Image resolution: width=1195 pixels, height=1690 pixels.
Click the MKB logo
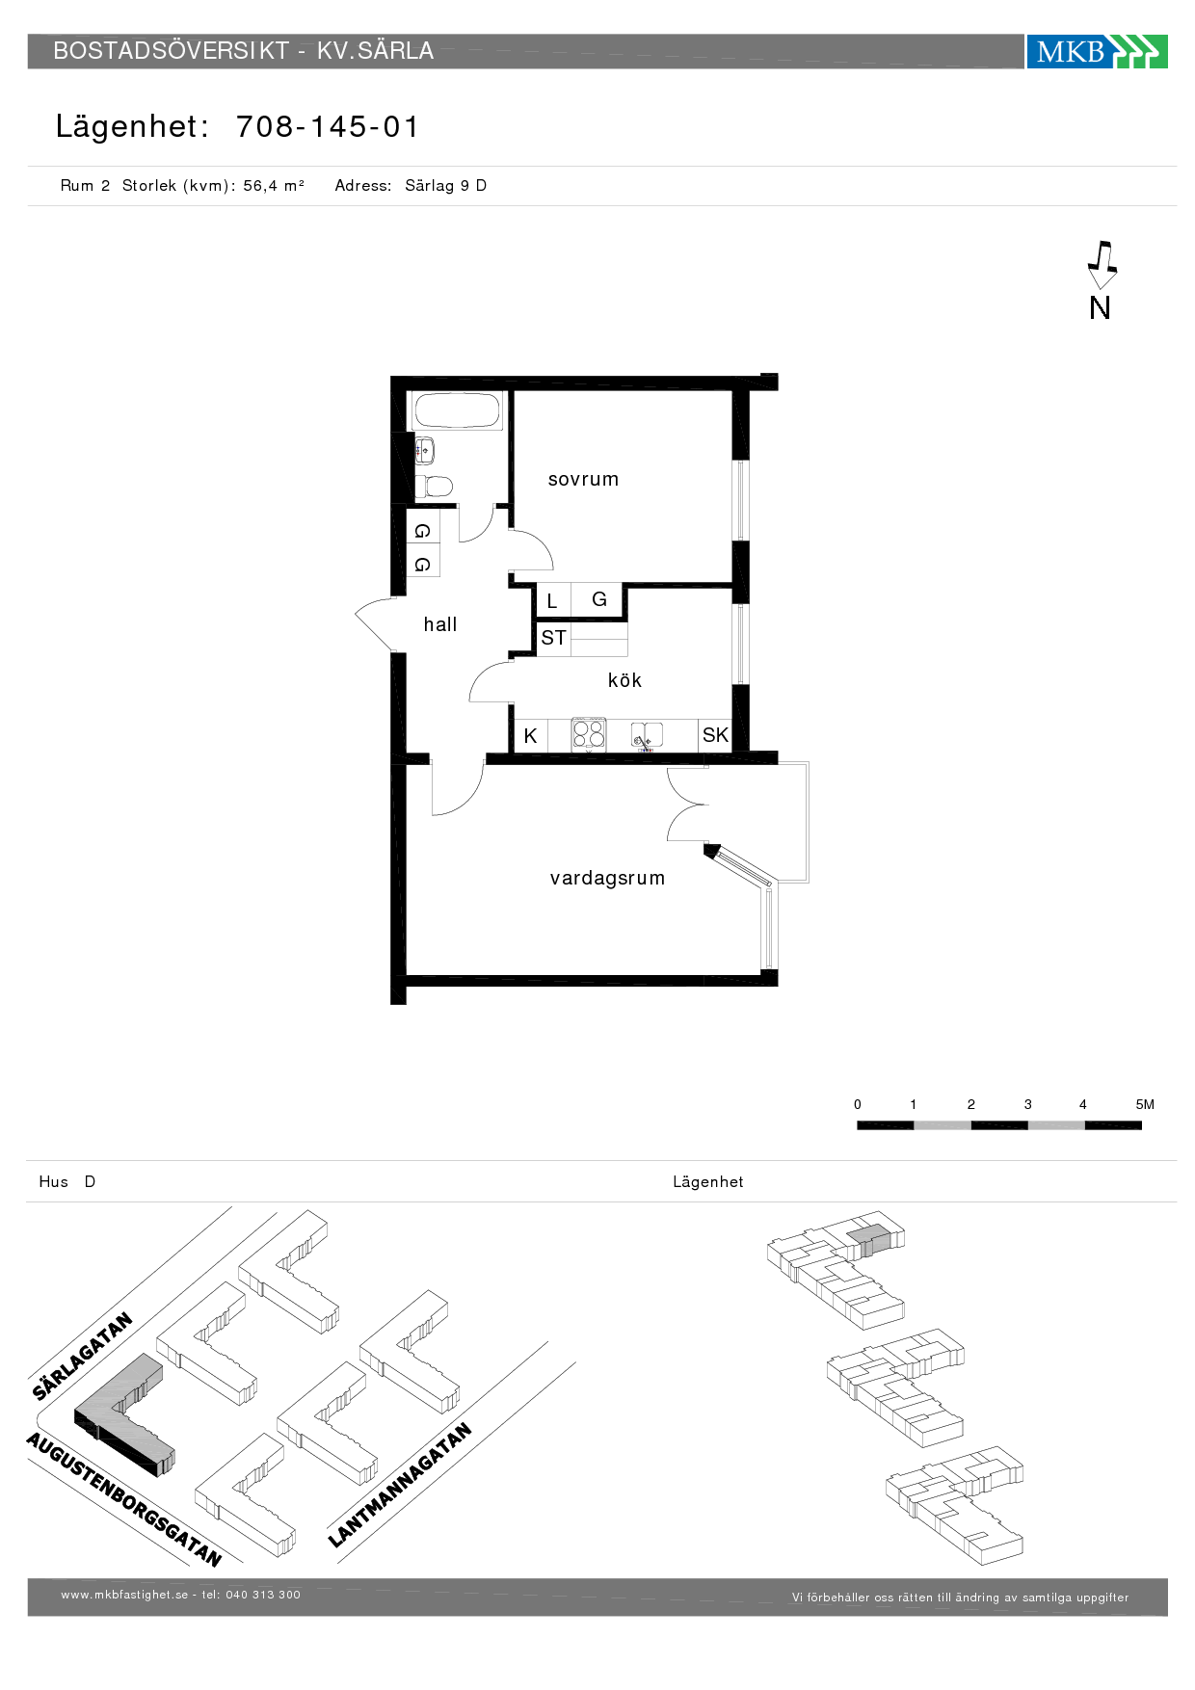click(1097, 51)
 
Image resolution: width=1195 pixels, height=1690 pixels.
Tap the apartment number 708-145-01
click(328, 126)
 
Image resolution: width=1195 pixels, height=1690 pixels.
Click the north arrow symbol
click(1102, 265)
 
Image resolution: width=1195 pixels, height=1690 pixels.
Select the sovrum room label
click(583, 479)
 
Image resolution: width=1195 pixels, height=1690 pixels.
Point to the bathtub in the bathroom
click(457, 410)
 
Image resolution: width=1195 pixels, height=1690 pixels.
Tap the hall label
click(440, 624)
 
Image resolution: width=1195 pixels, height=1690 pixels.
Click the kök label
click(624, 680)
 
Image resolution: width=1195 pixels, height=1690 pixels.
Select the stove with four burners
click(589, 734)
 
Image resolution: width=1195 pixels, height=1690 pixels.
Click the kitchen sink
click(648, 735)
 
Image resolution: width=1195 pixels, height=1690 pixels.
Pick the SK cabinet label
click(715, 735)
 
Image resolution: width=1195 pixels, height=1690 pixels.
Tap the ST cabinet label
click(553, 638)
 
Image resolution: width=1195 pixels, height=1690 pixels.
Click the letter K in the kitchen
click(530, 736)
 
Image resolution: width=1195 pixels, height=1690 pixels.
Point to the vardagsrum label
click(607, 878)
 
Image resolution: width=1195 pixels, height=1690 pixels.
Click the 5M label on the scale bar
click(1145, 1104)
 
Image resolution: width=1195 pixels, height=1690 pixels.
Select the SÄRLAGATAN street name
click(82, 1356)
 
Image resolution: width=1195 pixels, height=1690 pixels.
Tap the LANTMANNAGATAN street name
click(400, 1485)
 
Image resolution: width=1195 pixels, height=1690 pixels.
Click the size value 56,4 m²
click(274, 185)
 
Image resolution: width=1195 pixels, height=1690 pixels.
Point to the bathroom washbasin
click(425, 450)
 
